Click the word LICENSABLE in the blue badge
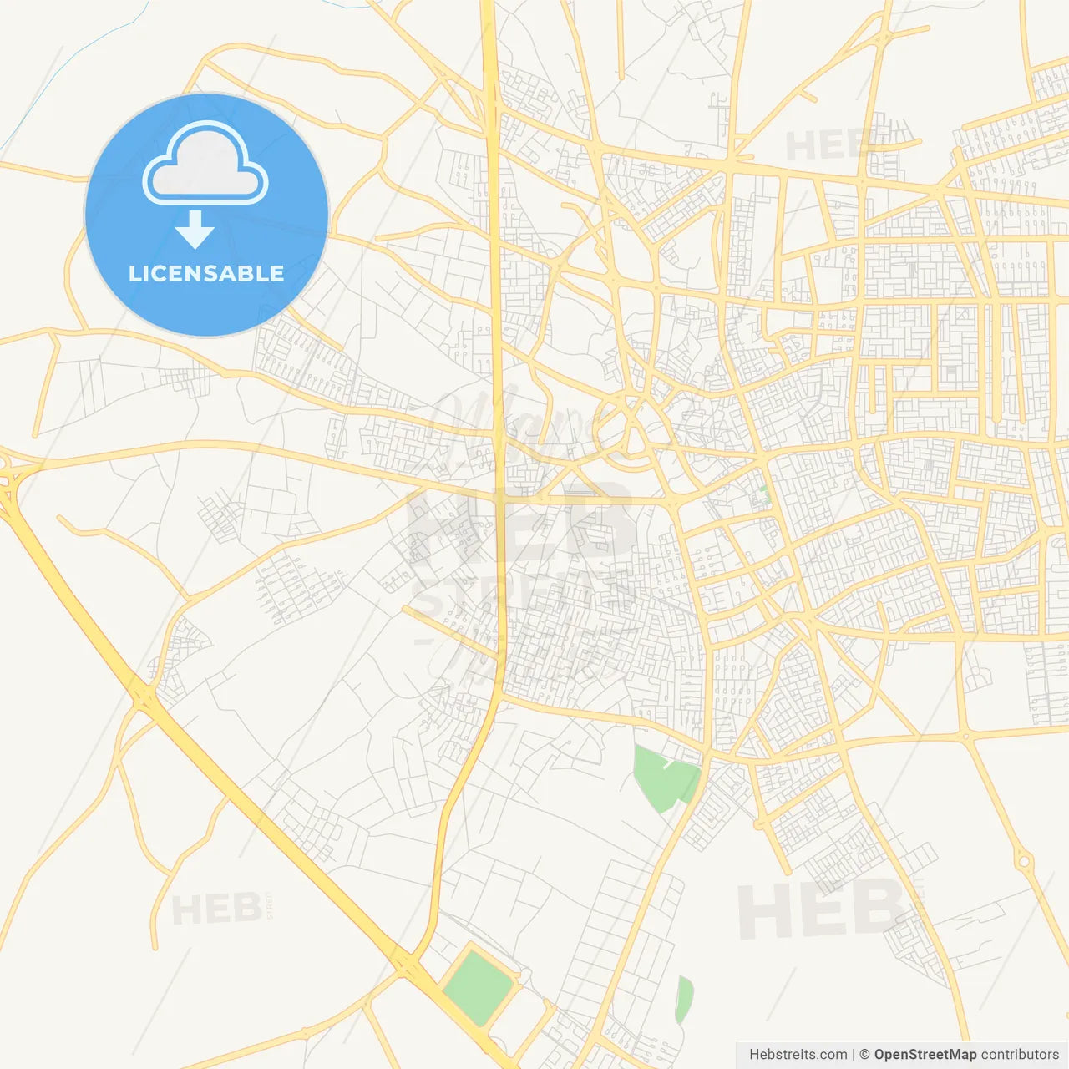[206, 273]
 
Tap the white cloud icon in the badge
[205, 165]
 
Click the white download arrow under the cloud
[195, 230]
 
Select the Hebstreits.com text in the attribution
[798, 1055]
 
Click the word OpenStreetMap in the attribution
[925, 1055]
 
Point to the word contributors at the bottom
[1019, 1055]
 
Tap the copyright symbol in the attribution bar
[864, 1055]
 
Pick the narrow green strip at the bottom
[684, 999]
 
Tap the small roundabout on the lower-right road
[1023, 860]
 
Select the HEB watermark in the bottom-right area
[818, 910]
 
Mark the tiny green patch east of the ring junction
[765, 493]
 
